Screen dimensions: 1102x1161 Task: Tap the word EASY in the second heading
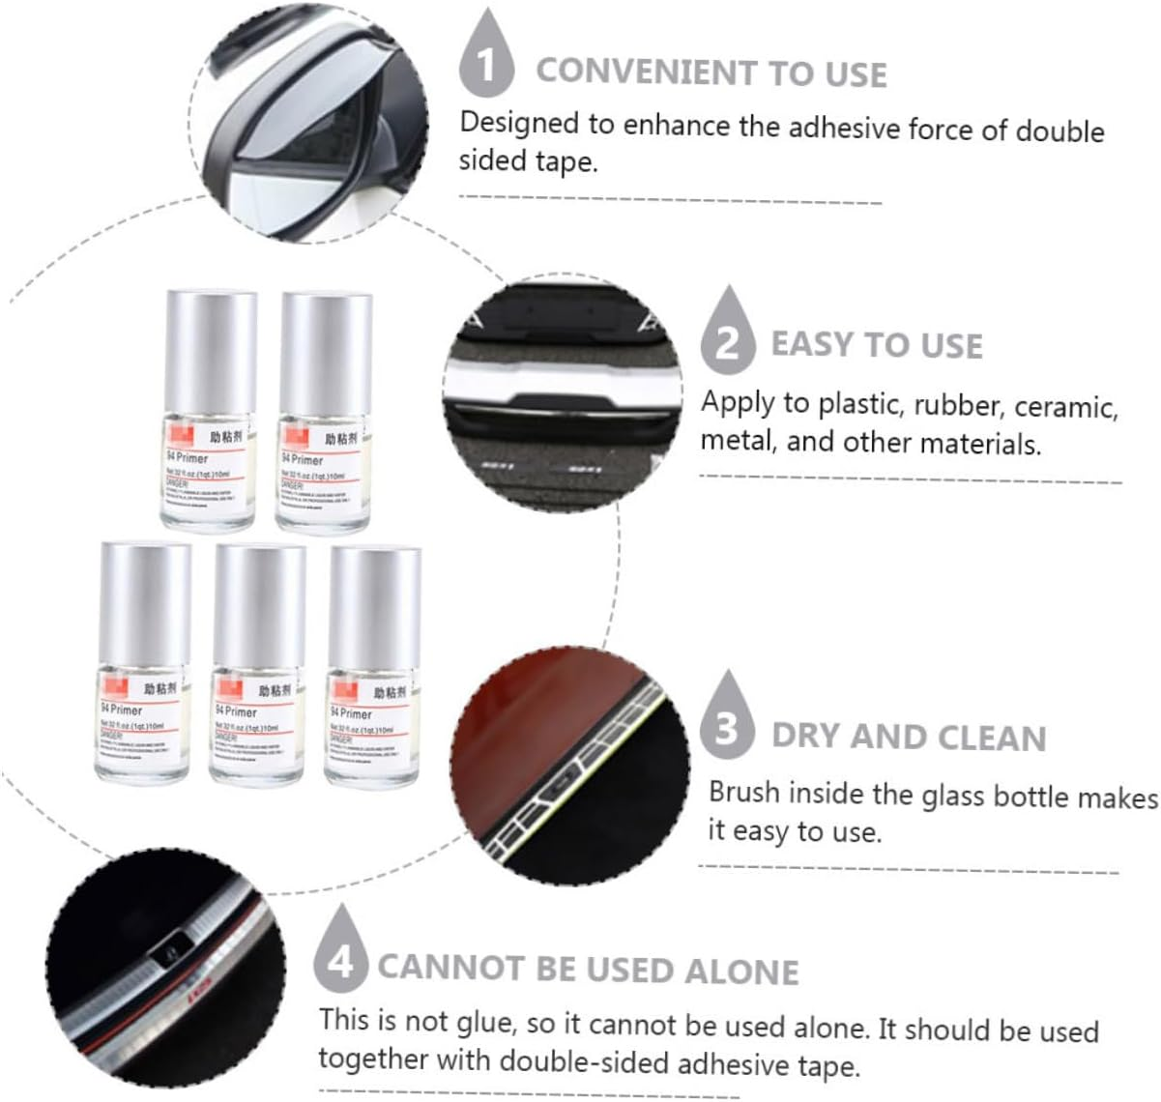pyautogui.click(x=811, y=345)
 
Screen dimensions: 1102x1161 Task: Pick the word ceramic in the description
pyautogui.click(x=1065, y=407)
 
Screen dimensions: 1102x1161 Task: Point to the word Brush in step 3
pyautogui.click(x=744, y=794)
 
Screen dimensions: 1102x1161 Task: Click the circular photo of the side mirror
pyautogui.click(x=309, y=122)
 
